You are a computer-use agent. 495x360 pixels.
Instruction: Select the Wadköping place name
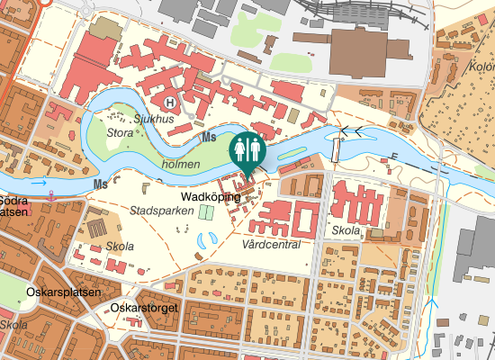211,196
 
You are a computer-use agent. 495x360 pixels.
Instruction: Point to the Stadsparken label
157,211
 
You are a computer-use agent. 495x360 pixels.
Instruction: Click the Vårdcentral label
271,244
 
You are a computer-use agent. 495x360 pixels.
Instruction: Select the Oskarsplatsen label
58,293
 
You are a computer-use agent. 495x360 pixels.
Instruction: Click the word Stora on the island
120,133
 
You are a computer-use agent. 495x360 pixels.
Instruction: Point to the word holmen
181,165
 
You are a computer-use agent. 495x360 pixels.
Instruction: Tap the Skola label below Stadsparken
120,247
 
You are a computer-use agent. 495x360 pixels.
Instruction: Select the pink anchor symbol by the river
52,193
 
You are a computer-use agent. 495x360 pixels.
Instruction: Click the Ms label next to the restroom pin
210,138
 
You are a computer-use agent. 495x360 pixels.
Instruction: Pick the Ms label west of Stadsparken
100,184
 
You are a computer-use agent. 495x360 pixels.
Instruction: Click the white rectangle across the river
337,148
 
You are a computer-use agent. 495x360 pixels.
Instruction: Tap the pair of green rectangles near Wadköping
206,211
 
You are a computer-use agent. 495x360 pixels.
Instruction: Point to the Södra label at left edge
13,200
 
